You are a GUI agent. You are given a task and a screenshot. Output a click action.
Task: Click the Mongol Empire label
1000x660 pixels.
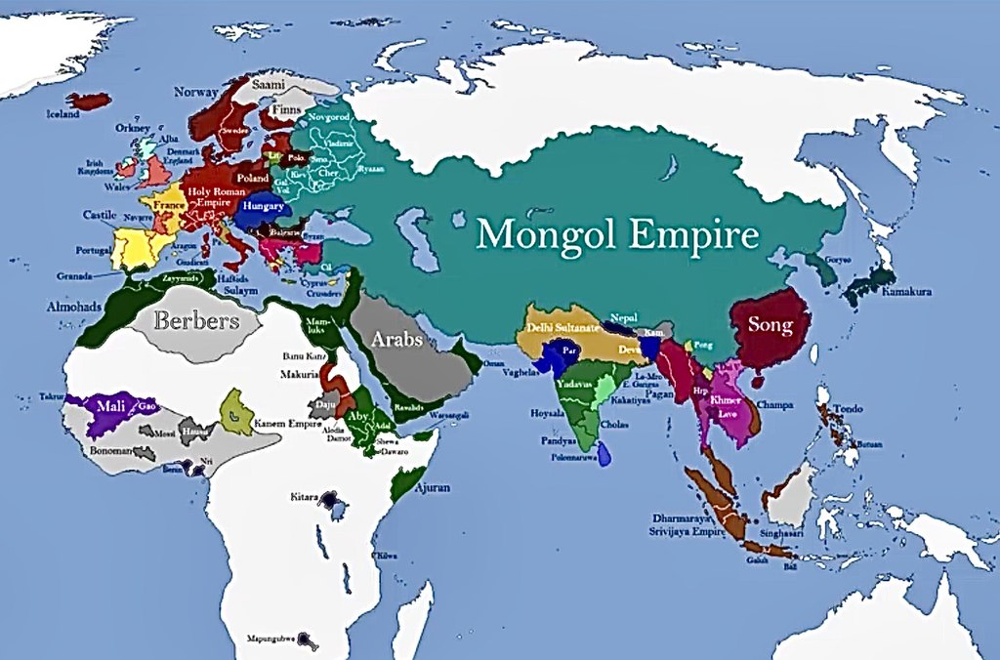[617, 235]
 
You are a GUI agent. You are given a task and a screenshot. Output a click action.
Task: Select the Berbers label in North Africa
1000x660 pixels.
[196, 320]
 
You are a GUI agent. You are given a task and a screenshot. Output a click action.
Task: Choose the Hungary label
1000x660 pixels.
[265, 207]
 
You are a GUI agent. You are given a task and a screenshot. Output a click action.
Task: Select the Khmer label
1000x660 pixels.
[726, 400]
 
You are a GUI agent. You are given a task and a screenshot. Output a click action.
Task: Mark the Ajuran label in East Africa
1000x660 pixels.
[434, 486]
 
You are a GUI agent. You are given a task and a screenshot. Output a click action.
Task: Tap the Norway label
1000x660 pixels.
[195, 92]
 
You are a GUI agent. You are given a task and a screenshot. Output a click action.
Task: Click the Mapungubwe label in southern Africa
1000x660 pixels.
[271, 639]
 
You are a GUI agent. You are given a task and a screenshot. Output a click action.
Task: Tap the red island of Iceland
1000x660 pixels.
[90, 101]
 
